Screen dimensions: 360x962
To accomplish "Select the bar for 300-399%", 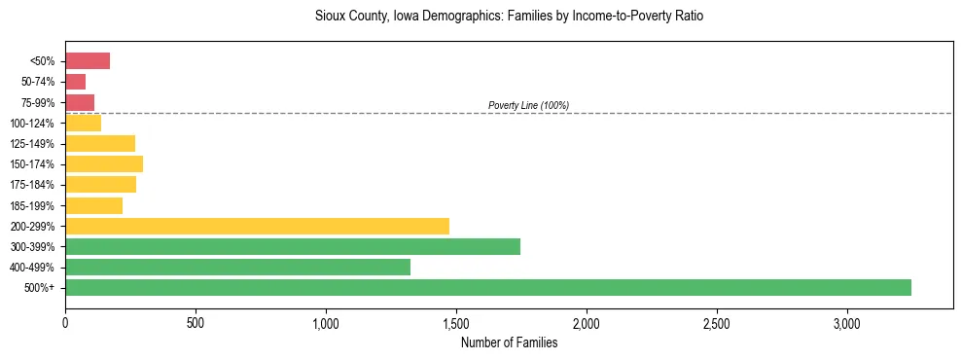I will coord(293,246).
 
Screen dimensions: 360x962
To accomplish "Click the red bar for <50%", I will coord(88,61).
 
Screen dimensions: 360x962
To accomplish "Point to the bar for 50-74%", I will coord(76,82).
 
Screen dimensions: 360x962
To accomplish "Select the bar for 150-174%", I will coord(104,163).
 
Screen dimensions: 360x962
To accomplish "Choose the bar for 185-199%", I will coord(93,205).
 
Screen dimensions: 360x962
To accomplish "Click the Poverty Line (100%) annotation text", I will coord(528,105).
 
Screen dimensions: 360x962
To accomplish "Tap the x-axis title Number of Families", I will coord(509,342).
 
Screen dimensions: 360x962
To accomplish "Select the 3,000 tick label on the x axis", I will coord(846,322).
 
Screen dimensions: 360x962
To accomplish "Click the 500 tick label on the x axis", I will coord(196,322).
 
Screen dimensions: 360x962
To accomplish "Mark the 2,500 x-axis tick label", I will coord(716,322).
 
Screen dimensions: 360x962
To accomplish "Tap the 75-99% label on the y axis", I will coord(39,103).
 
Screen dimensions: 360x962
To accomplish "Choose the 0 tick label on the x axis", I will coord(65,322).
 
